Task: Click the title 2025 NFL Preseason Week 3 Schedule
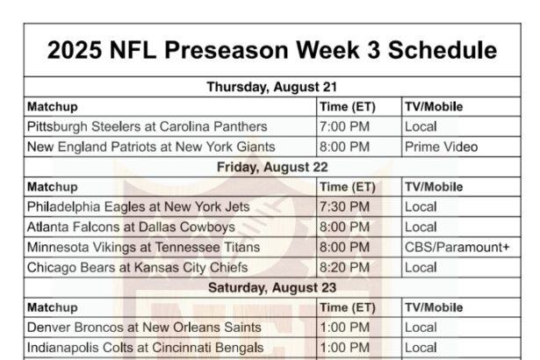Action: [272, 50]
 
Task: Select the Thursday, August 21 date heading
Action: [272, 87]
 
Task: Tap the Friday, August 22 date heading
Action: [272, 167]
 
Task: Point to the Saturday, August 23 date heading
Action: [272, 288]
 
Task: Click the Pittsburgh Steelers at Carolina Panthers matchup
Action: [147, 126]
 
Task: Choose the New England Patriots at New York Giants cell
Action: [151, 148]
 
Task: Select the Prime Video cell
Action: [441, 148]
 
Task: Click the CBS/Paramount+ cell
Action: [457, 248]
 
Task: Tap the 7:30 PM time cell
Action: [344, 207]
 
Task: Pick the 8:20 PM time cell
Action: [344, 268]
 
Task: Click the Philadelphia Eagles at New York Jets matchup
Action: [138, 207]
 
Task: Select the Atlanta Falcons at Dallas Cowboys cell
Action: [131, 227]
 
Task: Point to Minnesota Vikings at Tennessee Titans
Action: [143, 248]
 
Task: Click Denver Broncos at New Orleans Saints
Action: [144, 328]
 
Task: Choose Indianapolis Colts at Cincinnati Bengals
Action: [146, 348]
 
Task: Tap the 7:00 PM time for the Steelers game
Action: [344, 126]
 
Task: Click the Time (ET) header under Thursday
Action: [348, 107]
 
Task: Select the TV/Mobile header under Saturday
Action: [434, 307]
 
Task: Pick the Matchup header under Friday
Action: [53, 187]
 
